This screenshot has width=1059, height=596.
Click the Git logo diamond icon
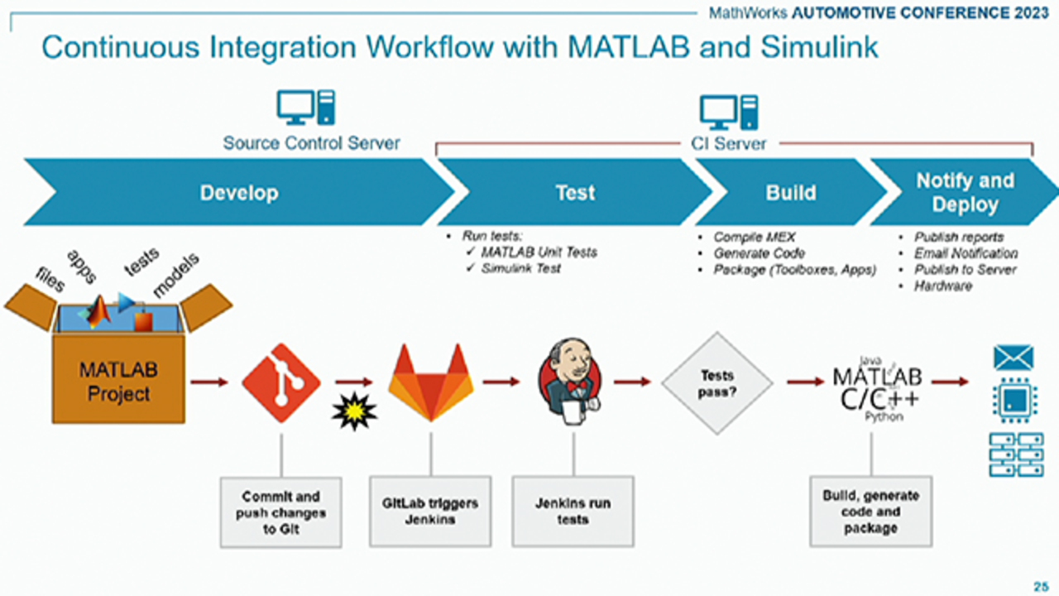pyautogui.click(x=280, y=382)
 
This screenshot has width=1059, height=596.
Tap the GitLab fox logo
pyautogui.click(x=430, y=382)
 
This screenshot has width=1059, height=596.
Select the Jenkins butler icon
pyautogui.click(x=572, y=382)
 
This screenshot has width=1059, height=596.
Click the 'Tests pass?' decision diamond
pyautogui.click(x=716, y=382)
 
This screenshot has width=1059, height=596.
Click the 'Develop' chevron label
pyautogui.click(x=239, y=193)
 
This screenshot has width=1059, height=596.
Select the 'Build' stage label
pyautogui.click(x=790, y=193)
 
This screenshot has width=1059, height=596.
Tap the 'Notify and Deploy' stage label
pyautogui.click(x=965, y=193)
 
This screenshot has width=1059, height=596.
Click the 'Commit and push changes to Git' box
pyautogui.click(x=281, y=512)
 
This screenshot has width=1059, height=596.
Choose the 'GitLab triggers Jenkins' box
pyautogui.click(x=430, y=511)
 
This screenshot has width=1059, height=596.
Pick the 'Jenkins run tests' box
pyautogui.click(x=573, y=511)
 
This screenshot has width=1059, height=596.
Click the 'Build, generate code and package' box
pyautogui.click(x=870, y=511)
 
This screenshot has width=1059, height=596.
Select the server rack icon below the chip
pyautogui.click(x=1016, y=454)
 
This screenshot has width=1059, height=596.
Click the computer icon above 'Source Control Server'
pyautogui.click(x=305, y=108)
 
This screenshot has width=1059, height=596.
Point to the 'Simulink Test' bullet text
pyautogui.click(x=520, y=268)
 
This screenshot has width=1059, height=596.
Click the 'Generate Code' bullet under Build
pyautogui.click(x=759, y=253)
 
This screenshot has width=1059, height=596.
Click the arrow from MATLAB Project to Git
pyautogui.click(x=208, y=382)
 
